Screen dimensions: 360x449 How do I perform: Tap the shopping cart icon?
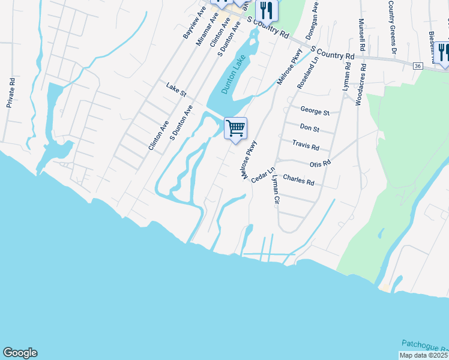(x=236, y=128)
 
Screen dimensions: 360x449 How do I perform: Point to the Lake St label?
(x=176, y=90)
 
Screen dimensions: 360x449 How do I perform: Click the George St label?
(x=315, y=112)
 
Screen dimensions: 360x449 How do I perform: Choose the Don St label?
(x=309, y=128)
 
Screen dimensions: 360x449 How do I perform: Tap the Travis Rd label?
(x=306, y=145)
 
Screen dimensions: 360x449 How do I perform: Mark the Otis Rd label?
(x=320, y=163)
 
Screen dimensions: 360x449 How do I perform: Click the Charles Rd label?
(x=298, y=179)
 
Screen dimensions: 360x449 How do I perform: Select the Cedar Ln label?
(x=262, y=176)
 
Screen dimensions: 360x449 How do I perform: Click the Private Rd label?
(x=10, y=93)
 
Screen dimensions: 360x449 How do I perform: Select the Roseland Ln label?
(x=306, y=74)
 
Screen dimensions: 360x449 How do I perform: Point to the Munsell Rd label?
(x=362, y=34)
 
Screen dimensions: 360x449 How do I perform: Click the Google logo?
(x=20, y=353)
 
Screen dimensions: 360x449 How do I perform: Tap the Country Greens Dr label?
(x=391, y=18)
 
